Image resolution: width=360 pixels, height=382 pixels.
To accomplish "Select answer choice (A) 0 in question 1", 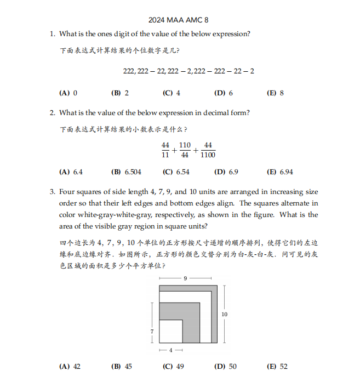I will pyautogui.click(x=68, y=93).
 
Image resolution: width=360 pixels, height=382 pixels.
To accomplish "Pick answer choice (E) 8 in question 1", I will pyautogui.click(x=275, y=93).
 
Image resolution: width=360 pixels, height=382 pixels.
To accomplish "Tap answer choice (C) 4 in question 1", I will pyautogui.click(x=172, y=93).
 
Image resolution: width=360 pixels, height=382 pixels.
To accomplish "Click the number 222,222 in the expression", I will pyautogui.click(x=136, y=71).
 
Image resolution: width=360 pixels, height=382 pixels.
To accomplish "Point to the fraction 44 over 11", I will pyautogui.click(x=165, y=150).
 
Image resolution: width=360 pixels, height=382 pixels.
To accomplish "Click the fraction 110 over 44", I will pyautogui.click(x=185, y=150).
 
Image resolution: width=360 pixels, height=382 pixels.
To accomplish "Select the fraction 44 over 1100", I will pyautogui.click(x=208, y=150).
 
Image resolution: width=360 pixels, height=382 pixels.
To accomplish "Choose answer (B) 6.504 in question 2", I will pyautogui.click(x=126, y=172).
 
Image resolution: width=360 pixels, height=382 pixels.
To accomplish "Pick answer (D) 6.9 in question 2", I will pyautogui.click(x=226, y=172).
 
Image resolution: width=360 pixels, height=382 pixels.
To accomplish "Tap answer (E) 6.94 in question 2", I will pyautogui.click(x=279, y=172).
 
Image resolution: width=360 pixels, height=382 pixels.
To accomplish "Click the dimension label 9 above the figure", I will pyautogui.click(x=185, y=279).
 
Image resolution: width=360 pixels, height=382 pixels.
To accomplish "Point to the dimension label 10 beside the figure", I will pyautogui.click(x=224, y=314).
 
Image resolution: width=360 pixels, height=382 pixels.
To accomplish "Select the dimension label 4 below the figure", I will pyautogui.click(x=170, y=350).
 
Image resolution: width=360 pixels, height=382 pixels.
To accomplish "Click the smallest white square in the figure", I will pyautogui.click(x=170, y=331).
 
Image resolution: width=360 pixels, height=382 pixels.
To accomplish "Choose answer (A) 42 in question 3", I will pyautogui.click(x=70, y=367).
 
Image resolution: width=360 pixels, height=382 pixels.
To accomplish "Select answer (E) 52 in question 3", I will pyautogui.click(x=277, y=367).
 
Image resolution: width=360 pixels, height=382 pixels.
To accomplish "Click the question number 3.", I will pyautogui.click(x=53, y=192).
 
